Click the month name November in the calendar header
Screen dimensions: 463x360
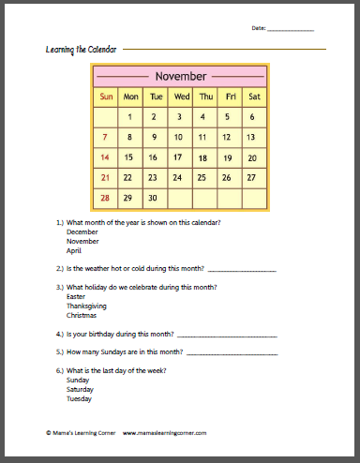[180, 76]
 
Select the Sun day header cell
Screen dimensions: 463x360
[106, 97]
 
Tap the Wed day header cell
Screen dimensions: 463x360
[181, 97]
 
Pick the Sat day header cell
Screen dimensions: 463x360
[254, 97]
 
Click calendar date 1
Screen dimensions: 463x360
[130, 117]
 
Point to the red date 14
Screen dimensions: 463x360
[106, 157]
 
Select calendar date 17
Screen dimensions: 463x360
[177, 157]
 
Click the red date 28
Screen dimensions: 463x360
[106, 198]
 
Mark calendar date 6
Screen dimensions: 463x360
[252, 117]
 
